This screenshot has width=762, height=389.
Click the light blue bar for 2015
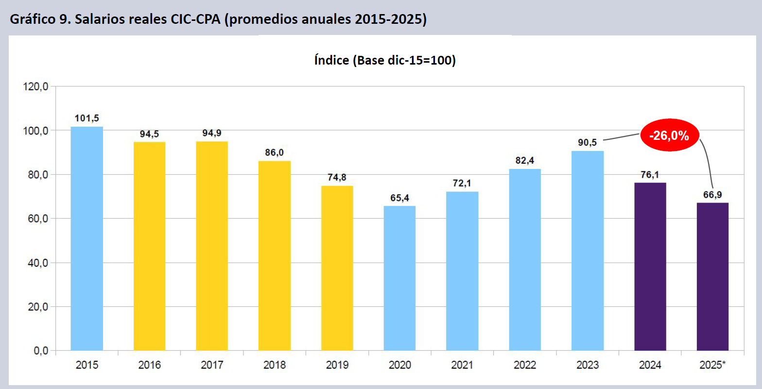[x=87, y=238]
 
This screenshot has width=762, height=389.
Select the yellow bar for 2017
[x=212, y=245]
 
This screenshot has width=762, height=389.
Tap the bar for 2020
[x=399, y=278]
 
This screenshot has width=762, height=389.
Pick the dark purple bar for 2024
[x=650, y=266]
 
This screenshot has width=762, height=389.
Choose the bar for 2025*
[x=712, y=276]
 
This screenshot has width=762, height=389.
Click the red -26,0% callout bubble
[x=670, y=135]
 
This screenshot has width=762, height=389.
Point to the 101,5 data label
[x=87, y=118]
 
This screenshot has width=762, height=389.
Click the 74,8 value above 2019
[x=337, y=177]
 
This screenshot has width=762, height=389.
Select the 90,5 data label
[x=588, y=143]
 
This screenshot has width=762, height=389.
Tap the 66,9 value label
[x=712, y=195]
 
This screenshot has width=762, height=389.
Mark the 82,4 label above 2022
[x=525, y=161]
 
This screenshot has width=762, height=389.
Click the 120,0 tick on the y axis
[x=35, y=87]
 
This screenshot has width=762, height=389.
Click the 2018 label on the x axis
[x=275, y=365]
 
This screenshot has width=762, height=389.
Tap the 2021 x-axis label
[x=462, y=365]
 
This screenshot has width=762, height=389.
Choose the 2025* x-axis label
[x=712, y=365]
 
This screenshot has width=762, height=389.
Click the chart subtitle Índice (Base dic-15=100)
[x=385, y=60]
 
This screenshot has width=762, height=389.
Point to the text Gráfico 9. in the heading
[x=40, y=20]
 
